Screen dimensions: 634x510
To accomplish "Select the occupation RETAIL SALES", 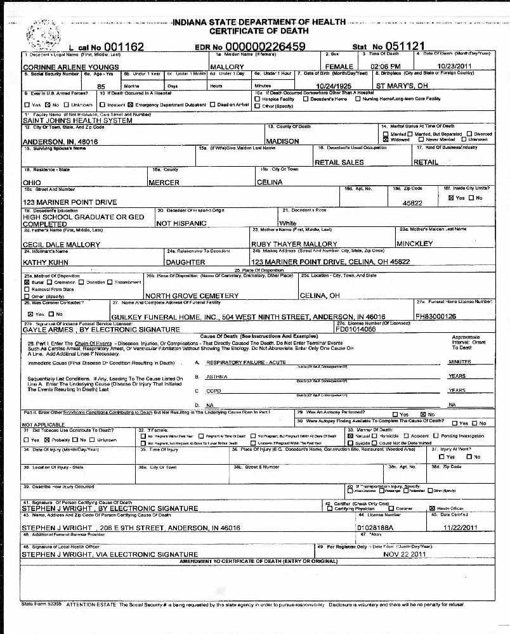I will [x=339, y=162].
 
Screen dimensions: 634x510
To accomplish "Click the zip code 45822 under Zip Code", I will [x=413, y=204].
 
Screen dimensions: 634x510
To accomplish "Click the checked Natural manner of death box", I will [x=350, y=436].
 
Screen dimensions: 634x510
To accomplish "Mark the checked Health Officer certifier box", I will [x=432, y=508].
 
